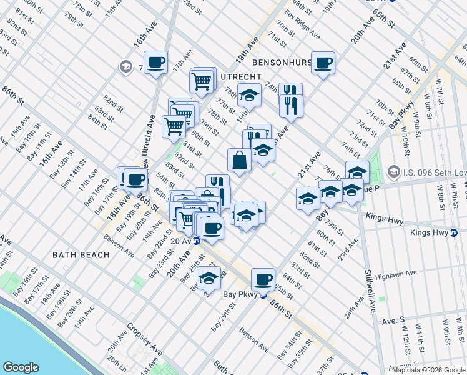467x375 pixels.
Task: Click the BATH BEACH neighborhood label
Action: (81, 255)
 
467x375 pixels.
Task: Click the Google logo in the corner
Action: (21, 367)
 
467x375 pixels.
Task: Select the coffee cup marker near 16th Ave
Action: (155, 62)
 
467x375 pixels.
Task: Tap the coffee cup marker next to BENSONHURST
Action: (323, 62)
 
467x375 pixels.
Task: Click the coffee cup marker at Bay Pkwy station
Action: (263, 279)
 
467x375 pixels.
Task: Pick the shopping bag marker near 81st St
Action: (239, 160)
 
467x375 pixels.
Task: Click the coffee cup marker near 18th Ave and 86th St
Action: (135, 180)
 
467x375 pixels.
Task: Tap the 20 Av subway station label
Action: (181, 241)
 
